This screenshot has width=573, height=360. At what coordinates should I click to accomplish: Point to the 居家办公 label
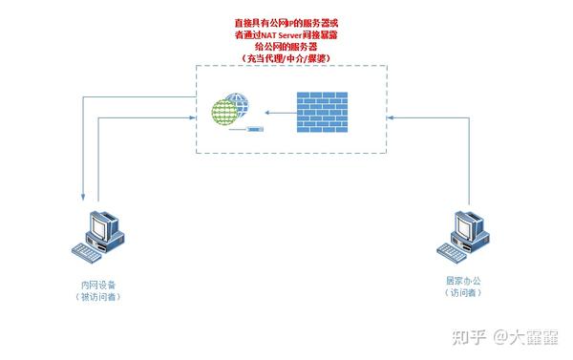[463, 280]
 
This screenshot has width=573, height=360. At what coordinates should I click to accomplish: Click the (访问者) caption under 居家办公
[463, 292]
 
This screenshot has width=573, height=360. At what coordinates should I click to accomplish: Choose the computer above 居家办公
[461, 232]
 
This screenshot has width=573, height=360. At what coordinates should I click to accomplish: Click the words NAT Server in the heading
[278, 34]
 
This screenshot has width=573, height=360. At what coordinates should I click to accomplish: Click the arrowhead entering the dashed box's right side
[391, 116]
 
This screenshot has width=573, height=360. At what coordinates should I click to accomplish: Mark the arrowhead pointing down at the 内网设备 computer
[85, 198]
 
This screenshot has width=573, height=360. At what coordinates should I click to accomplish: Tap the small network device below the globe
[254, 128]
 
